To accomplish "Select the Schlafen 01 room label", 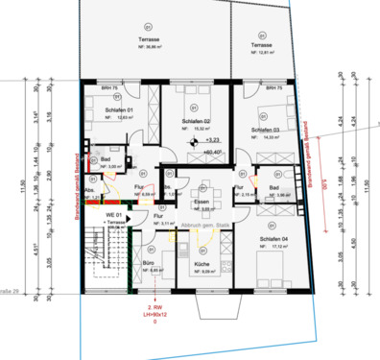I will click(118, 111).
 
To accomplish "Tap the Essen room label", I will click(201, 203).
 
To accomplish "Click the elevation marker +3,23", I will click(212, 140).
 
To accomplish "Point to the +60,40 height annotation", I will click(211, 152).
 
